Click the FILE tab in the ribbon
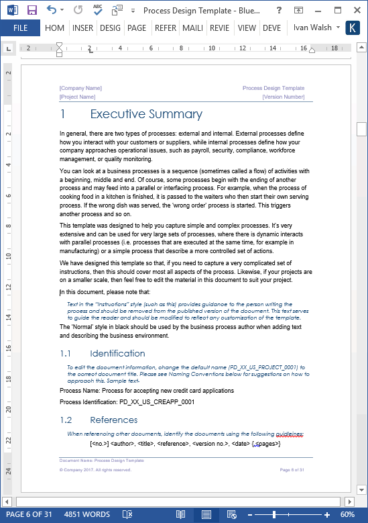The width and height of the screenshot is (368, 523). pos(20,28)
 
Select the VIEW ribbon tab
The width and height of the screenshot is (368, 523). pos(247,28)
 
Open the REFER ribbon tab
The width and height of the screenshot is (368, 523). pos(166,28)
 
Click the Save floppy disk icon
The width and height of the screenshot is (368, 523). pos(32,10)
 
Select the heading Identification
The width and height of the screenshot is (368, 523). pos(117,353)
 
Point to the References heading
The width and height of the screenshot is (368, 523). pos(114,420)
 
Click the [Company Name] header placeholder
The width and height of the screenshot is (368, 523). pos(80,88)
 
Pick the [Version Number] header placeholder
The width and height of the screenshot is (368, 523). pos(284,97)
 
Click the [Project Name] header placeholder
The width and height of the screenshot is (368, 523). pos(78,97)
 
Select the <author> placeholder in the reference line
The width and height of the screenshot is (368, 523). pos(123,443)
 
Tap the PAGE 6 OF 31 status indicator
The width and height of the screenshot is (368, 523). pos(29,514)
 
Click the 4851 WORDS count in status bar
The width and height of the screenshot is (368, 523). pos(86,514)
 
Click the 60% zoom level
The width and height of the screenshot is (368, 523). pos(347,514)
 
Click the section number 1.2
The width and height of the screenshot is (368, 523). pos(66,420)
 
